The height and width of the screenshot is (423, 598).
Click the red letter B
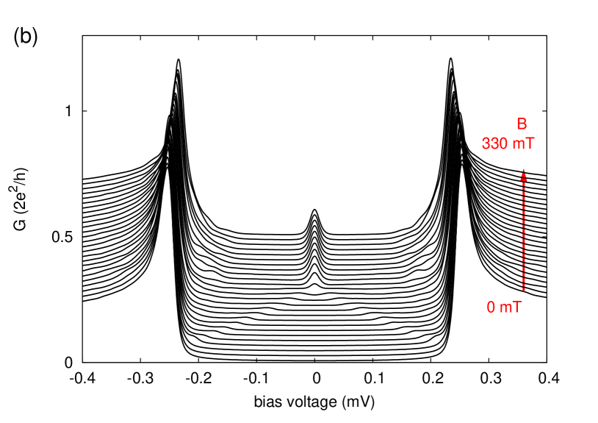pos(522,124)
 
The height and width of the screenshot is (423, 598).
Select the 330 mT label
pos(508,143)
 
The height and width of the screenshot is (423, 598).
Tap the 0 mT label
pos(504,308)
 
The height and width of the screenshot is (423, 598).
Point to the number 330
pos(494,143)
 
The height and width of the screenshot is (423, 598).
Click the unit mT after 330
pos(523,143)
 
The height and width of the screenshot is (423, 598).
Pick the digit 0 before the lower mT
pos(491,308)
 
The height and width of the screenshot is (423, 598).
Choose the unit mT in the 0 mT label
pos(511,308)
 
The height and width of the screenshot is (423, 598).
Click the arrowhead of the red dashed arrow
pos(523,174)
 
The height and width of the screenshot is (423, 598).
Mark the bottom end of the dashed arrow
pos(523,289)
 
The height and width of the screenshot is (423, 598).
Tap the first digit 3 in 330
pos(486,143)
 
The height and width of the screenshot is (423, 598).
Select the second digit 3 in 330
pos(494,143)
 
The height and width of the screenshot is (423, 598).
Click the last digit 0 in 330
pos(503,143)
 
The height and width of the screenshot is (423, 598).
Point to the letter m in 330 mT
pos(519,143)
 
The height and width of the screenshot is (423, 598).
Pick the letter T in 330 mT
pos(530,143)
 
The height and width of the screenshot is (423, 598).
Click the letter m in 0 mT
pos(506,308)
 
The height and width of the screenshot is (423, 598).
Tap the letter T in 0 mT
pos(517,308)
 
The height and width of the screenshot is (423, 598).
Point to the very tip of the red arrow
pos(523,169)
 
